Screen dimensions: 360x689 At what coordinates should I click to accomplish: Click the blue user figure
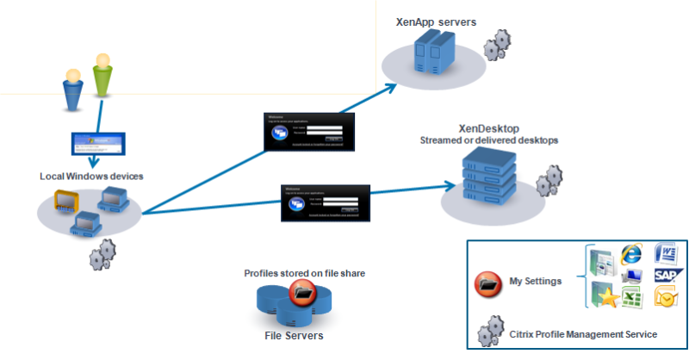(x=74, y=90)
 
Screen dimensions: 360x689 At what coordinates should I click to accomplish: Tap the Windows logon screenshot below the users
(x=97, y=144)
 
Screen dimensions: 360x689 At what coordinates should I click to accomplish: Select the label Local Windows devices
(x=91, y=177)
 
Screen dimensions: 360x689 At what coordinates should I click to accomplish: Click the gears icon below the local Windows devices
(x=102, y=255)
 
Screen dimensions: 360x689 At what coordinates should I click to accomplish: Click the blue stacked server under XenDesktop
(x=483, y=177)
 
